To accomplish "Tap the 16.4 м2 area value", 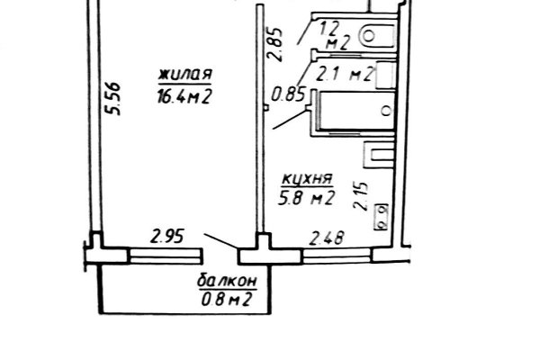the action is point(184,96).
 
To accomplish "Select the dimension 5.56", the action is point(113,98).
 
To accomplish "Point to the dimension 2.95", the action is point(166,238).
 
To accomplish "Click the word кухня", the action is point(308,179).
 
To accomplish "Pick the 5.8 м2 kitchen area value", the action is point(307,199).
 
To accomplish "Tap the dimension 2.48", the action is point(327,238).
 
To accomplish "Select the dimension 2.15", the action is point(361,196).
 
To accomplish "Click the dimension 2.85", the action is point(275,44).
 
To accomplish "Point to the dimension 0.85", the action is point(289,94).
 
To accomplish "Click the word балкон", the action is point(228,281).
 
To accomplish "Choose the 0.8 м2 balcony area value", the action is point(226,300).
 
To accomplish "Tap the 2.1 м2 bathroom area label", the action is point(345,74).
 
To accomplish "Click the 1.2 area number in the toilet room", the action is point(330,29).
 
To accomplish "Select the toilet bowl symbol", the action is point(376,35).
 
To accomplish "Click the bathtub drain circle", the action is point(387,111).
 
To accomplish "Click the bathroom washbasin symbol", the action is point(386,75).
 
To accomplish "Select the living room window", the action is point(165,256).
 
